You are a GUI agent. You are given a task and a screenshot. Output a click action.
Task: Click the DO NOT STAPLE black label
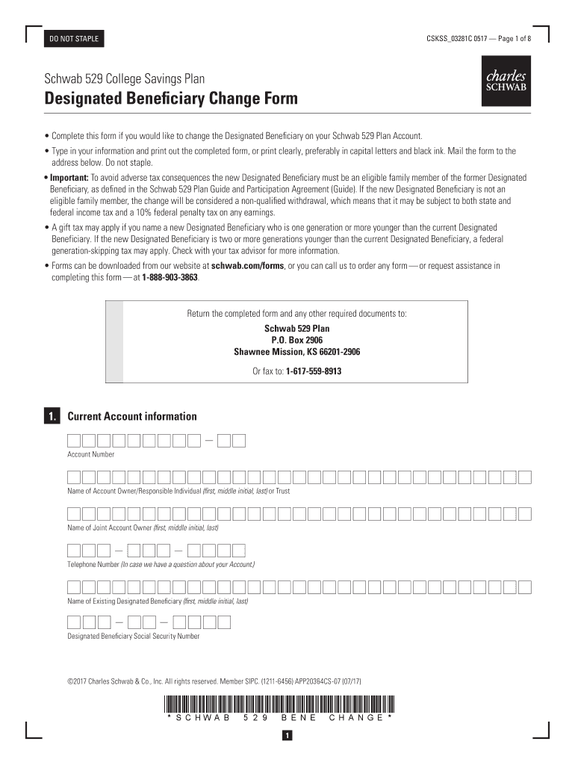[x=74, y=39]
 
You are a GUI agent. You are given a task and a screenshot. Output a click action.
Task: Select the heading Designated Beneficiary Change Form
[x=171, y=99]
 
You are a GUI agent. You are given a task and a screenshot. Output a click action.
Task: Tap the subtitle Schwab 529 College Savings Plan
[x=125, y=78]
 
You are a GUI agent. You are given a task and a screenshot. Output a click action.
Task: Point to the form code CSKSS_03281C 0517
[x=451, y=39]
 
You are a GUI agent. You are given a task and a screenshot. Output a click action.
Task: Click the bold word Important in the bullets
[x=69, y=178]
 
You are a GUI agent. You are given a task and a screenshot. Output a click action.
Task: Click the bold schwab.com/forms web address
[x=247, y=265]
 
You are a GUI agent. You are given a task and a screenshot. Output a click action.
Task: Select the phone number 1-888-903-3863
[x=170, y=276]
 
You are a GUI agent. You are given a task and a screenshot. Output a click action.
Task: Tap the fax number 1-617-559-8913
[x=314, y=371]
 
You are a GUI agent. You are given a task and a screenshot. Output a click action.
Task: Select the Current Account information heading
[x=132, y=417]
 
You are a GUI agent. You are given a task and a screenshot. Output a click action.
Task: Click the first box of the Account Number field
[x=74, y=441]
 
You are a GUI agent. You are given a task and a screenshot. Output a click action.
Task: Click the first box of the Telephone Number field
[x=74, y=551]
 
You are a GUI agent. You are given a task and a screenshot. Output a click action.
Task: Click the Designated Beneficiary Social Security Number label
[x=134, y=637]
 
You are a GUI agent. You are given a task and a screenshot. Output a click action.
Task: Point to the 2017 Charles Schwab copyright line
[x=214, y=681]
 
